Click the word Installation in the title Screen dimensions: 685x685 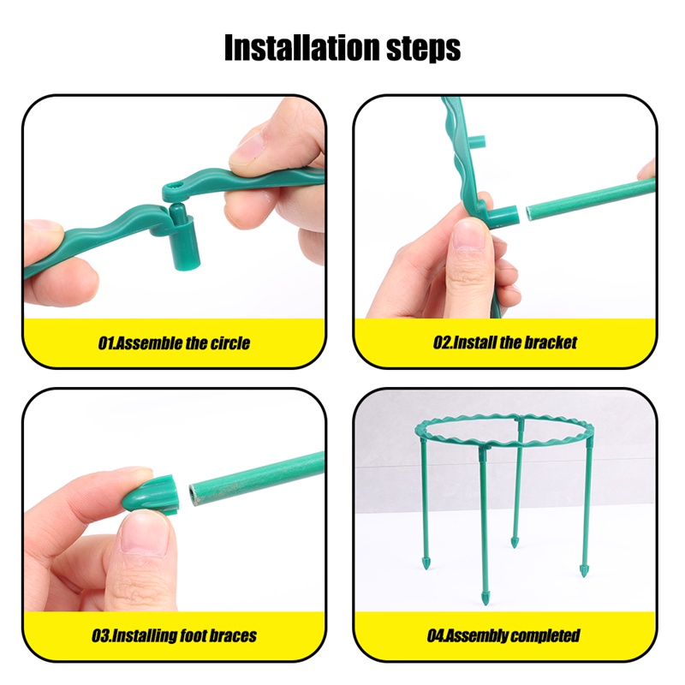[x=302, y=47]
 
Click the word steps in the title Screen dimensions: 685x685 [x=423, y=50]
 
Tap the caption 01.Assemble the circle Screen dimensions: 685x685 [x=174, y=343]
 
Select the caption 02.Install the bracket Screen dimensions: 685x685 [x=504, y=342]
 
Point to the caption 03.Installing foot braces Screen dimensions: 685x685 [x=174, y=635]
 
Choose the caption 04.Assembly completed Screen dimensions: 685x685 [x=503, y=635]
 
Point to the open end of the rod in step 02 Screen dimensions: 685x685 [x=530, y=212]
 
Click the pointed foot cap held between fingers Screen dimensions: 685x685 [x=151, y=494]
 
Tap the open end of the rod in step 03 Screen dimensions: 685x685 [x=194, y=494]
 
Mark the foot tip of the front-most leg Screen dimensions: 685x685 [x=486, y=599]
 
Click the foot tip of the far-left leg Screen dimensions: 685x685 [x=426, y=563]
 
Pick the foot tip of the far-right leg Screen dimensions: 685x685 [x=584, y=570]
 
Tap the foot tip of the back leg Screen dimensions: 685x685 [x=515, y=542]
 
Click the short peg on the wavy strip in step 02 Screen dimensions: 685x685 [x=477, y=142]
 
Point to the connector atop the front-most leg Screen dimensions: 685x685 [x=484, y=453]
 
